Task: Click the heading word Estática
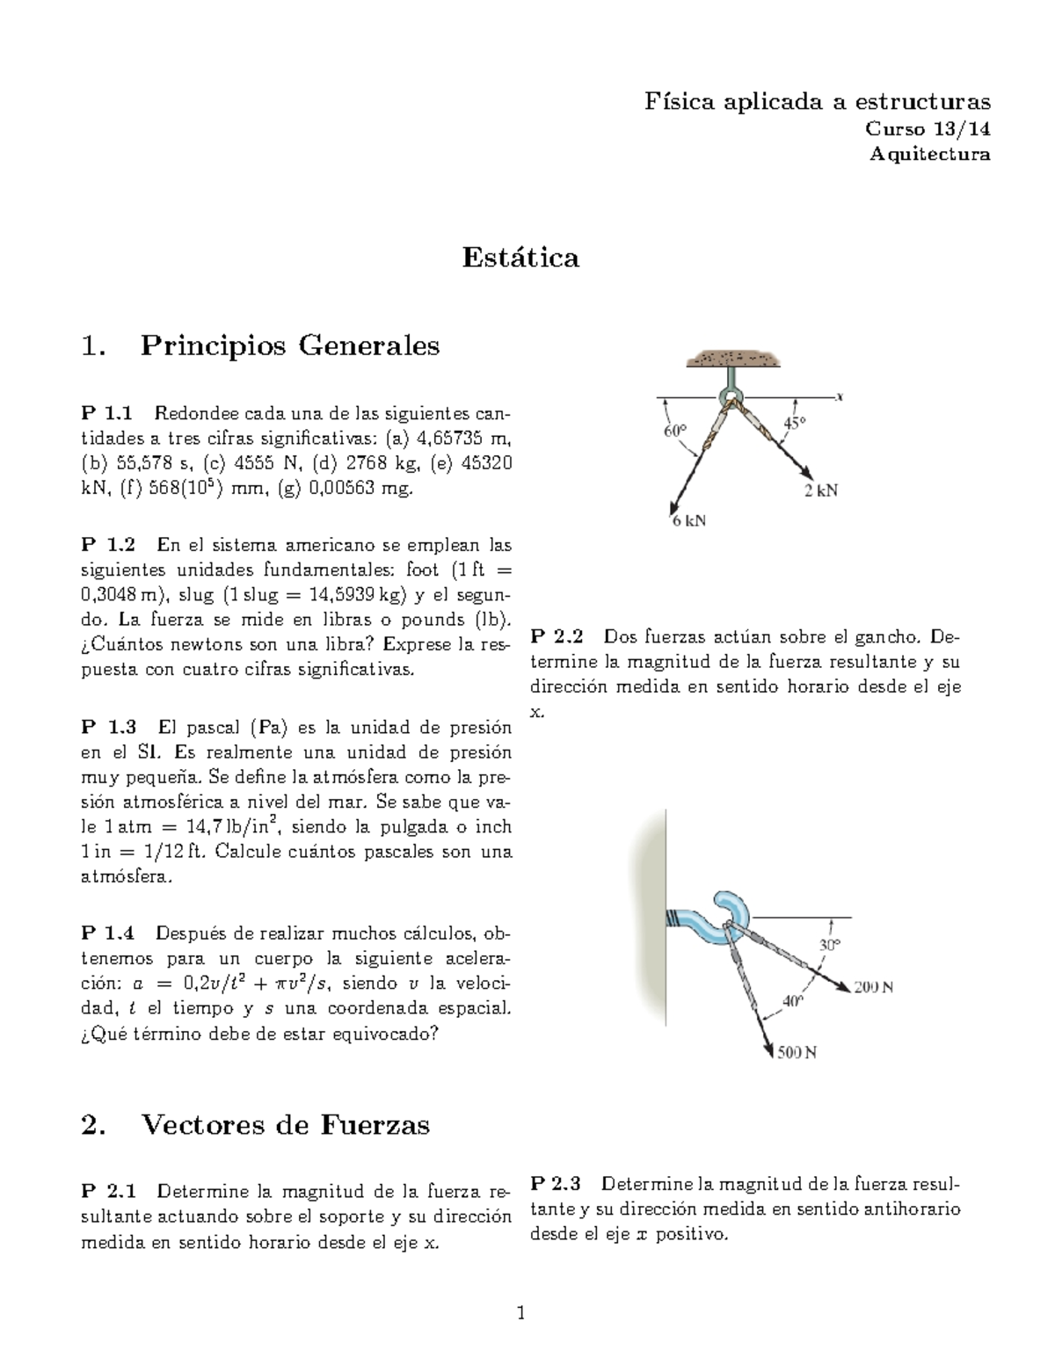click(520, 258)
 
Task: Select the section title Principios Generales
click(289, 345)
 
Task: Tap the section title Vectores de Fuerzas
click(285, 1124)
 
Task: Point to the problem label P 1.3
click(108, 727)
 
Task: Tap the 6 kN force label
click(689, 520)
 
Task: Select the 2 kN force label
click(821, 490)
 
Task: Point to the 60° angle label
click(674, 432)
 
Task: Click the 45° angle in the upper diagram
click(794, 423)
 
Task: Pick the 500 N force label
click(797, 1052)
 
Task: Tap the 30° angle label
click(830, 945)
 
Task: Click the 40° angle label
click(792, 999)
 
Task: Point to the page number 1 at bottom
click(520, 1313)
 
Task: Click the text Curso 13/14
click(928, 129)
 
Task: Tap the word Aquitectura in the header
click(929, 154)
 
